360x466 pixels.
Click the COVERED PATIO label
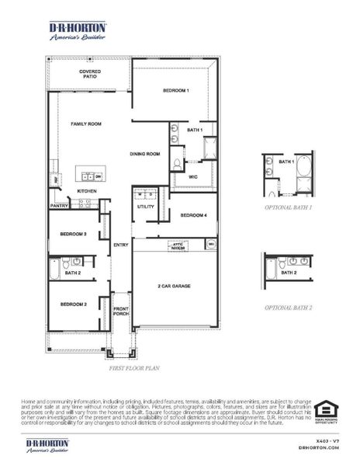click(90, 75)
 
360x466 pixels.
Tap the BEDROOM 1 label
click(175, 92)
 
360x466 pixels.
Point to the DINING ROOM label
click(144, 154)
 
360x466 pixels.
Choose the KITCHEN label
click(86, 190)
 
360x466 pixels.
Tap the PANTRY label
click(60, 206)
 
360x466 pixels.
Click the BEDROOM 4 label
click(193, 215)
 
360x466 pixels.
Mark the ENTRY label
click(121, 245)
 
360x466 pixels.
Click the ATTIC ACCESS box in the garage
click(179, 245)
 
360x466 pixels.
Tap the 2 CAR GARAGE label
click(175, 286)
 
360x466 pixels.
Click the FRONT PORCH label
click(121, 313)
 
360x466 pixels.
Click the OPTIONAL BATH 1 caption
click(288, 207)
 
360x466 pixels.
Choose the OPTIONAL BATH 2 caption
click(288, 308)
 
